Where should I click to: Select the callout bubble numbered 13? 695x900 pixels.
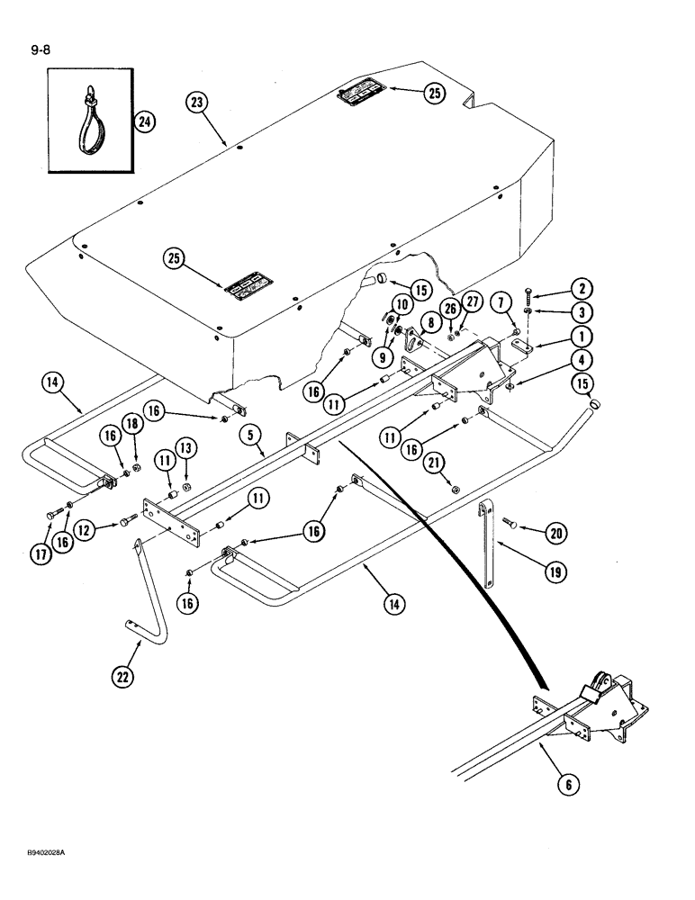(185, 448)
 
